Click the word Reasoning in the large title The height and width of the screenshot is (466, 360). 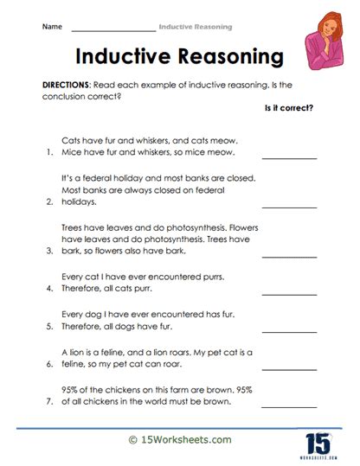(232, 57)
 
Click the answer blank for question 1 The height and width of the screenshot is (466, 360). (289, 156)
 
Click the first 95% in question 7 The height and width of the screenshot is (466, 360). (72, 390)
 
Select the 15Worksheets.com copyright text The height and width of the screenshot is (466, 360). (179, 441)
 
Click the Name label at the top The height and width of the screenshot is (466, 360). (51, 28)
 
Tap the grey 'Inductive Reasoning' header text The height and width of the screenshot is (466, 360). (195, 28)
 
